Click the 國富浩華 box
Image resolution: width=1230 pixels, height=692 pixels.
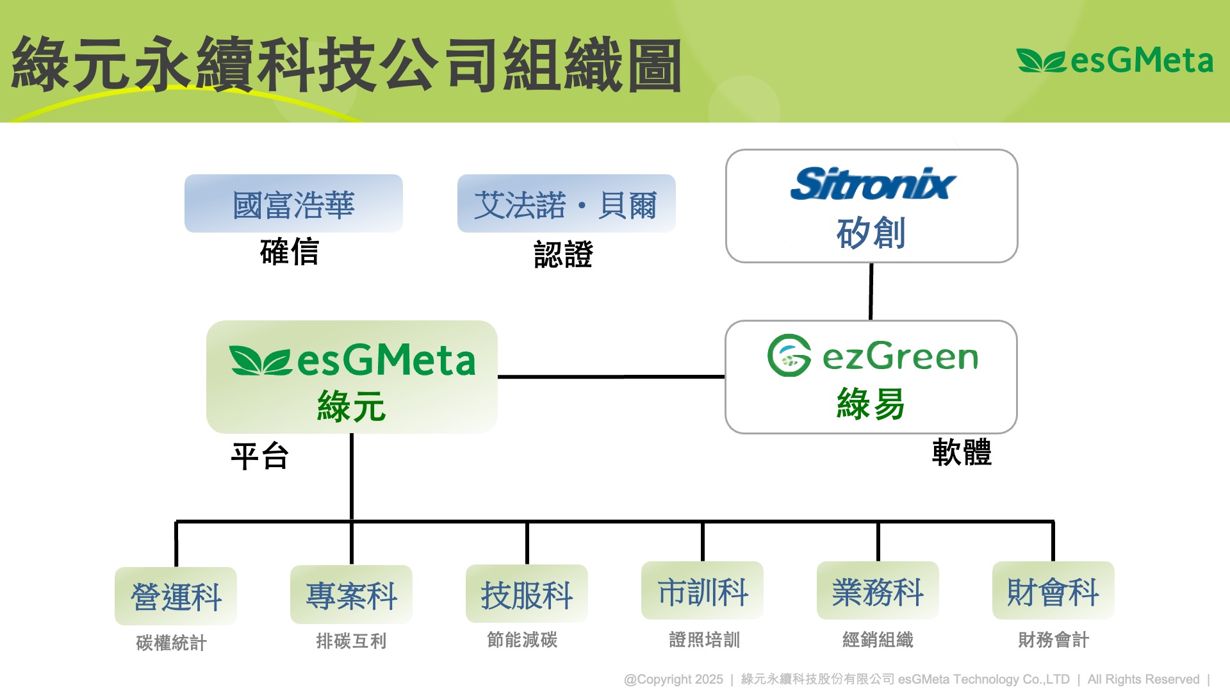tap(293, 204)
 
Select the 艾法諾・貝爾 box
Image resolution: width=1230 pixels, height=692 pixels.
tap(566, 204)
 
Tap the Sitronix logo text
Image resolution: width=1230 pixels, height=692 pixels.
tap(873, 184)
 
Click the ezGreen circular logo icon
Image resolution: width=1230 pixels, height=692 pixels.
tap(789, 355)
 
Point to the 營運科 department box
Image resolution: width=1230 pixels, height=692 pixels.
tap(176, 596)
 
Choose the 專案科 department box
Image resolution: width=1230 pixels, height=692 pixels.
tap(351, 595)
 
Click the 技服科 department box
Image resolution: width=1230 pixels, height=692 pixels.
tap(527, 594)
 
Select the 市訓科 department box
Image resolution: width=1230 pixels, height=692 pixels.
tap(702, 591)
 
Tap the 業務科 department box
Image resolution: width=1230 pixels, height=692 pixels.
tap(878, 591)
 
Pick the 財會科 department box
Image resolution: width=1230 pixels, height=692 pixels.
tap(1053, 591)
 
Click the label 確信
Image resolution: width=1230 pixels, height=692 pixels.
tap(290, 251)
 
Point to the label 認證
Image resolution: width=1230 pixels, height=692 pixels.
tap(563, 254)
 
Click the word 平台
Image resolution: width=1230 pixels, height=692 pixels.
tap(259, 456)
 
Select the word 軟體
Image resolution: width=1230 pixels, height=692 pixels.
tap(962, 452)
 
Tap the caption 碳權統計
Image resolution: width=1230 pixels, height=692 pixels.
tap(171, 643)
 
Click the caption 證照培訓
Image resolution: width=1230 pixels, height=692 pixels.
tap(704, 639)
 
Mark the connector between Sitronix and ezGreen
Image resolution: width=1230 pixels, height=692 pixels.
tap(871, 292)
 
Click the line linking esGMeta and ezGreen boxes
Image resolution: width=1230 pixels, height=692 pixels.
tap(611, 377)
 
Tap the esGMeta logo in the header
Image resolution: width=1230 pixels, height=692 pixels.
tap(1115, 61)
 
